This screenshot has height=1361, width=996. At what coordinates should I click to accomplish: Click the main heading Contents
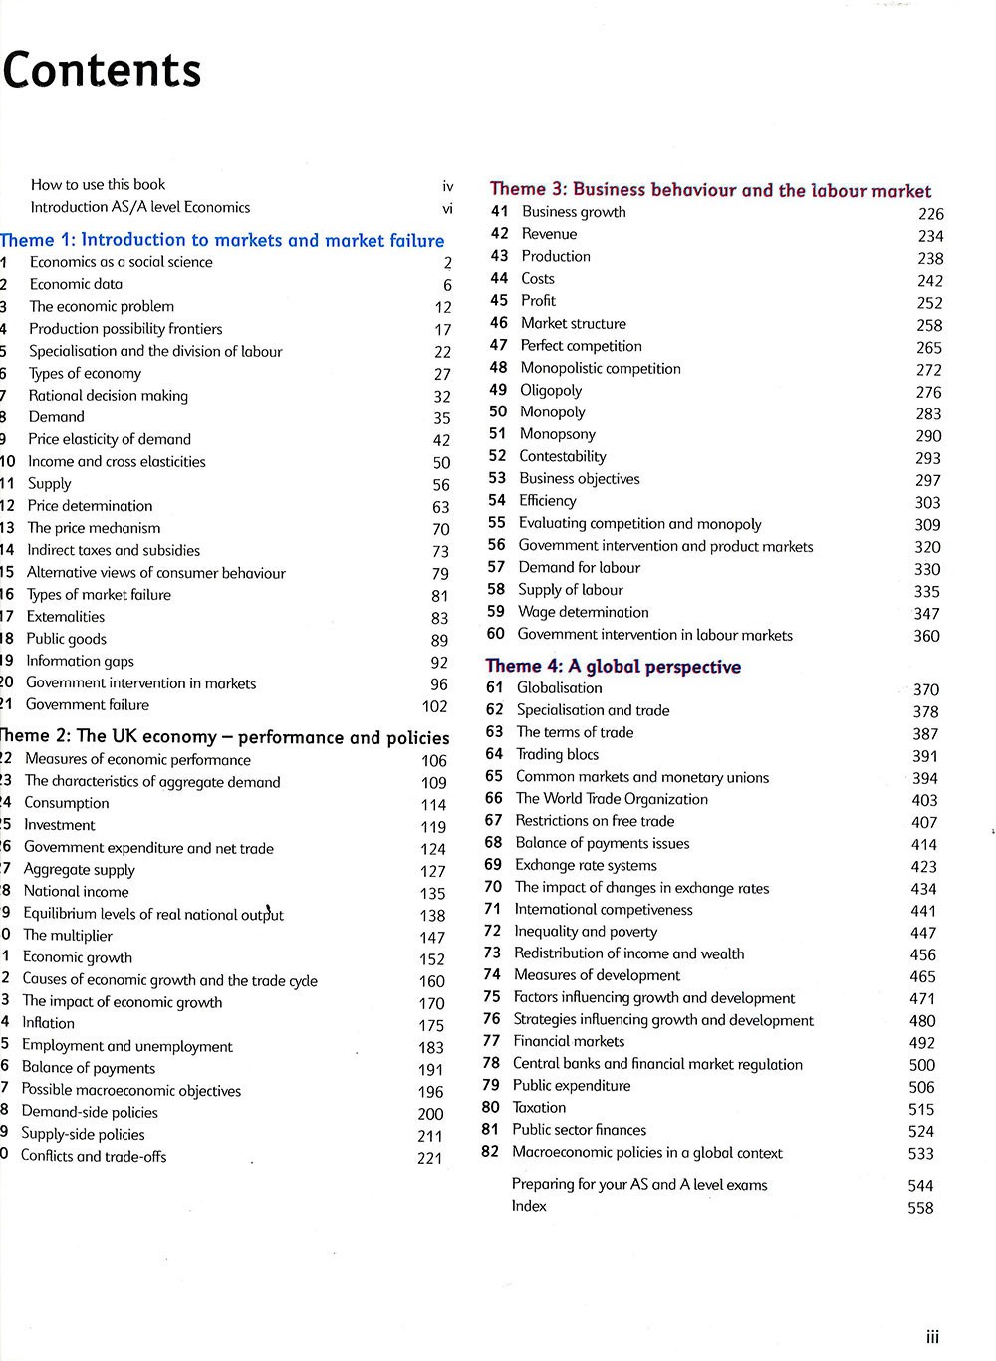click(103, 72)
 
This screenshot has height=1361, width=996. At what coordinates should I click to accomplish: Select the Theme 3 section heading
click(710, 190)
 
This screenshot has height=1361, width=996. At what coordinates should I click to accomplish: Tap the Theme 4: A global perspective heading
click(613, 666)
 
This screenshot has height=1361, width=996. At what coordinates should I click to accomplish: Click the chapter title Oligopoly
click(551, 390)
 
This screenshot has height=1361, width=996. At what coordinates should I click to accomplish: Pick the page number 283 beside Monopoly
click(928, 413)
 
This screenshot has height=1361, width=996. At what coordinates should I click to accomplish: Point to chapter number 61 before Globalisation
click(495, 687)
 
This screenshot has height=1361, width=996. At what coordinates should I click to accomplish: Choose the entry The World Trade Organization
click(612, 799)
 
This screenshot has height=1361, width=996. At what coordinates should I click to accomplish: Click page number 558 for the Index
click(920, 1208)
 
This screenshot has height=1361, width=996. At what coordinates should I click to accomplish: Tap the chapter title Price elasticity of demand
click(110, 439)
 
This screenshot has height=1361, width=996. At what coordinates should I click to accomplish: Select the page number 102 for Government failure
click(435, 706)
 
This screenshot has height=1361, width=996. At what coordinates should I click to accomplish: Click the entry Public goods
click(66, 639)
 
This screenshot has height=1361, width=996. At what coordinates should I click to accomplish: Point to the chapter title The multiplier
click(68, 936)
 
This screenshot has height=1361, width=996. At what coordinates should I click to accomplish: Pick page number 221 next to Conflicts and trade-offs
click(429, 1158)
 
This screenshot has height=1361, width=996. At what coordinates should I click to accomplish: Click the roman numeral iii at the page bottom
click(932, 1338)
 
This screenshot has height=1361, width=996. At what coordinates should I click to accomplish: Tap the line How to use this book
click(98, 184)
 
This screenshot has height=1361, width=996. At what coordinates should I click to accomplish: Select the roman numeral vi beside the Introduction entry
click(447, 208)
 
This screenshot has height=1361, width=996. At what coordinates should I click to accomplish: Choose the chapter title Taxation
click(539, 1108)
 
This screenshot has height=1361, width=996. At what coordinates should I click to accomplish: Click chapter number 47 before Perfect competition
click(499, 345)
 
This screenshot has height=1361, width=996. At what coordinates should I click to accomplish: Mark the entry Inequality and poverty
click(586, 932)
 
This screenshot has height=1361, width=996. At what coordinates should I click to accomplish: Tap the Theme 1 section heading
click(222, 240)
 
